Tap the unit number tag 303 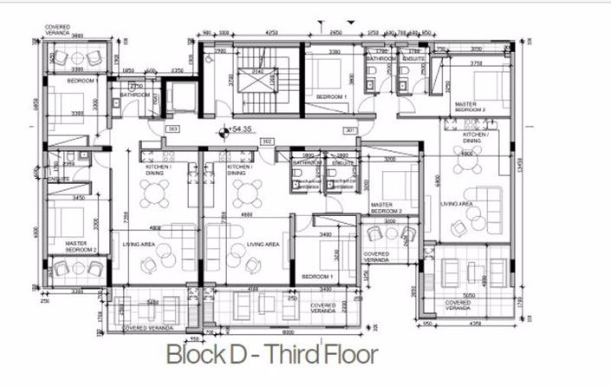[x=172, y=129]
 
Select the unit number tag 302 [x=268, y=140]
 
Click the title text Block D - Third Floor [x=271, y=355]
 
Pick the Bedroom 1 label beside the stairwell [x=331, y=95]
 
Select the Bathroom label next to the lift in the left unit [x=135, y=95]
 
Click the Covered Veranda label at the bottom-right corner [x=459, y=305]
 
